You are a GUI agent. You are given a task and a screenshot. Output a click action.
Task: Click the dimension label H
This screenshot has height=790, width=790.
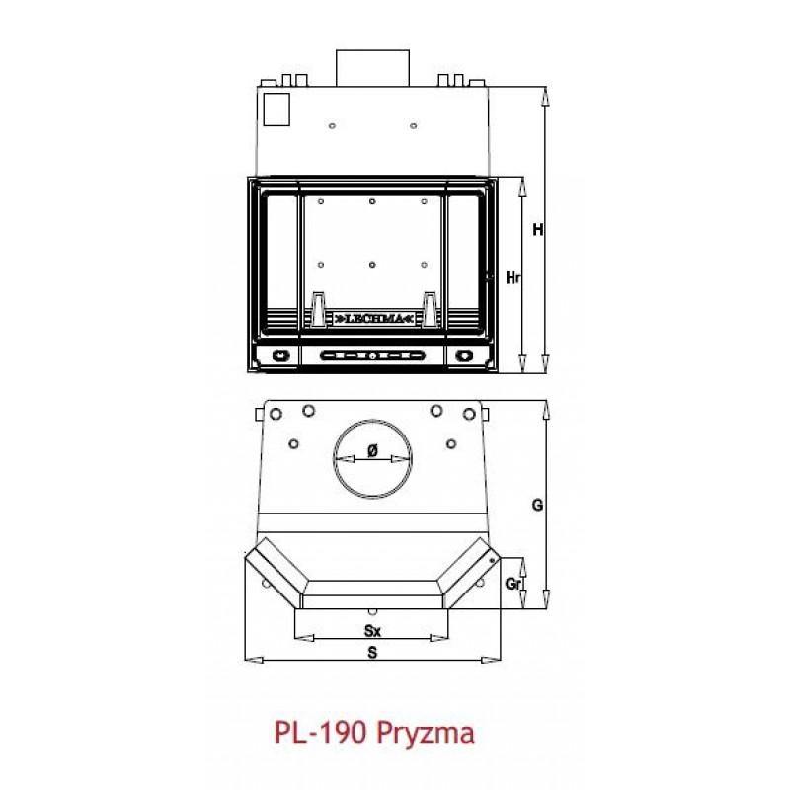pos(538,230)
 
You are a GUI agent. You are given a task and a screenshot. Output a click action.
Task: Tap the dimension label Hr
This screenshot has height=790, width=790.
pos(513,277)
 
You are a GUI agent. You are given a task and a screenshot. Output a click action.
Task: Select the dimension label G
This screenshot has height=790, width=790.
pos(537,505)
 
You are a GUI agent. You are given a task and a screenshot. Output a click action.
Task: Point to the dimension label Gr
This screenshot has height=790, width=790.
pos(512,584)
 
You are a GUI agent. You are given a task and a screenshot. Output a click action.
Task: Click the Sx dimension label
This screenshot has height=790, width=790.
pos(372,630)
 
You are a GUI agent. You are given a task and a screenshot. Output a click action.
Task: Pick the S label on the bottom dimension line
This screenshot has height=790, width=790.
pos(372,653)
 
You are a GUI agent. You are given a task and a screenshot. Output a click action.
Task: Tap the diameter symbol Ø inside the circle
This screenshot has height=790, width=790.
pos(372,451)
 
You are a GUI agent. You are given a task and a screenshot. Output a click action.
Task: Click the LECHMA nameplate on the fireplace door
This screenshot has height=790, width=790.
pos(373,319)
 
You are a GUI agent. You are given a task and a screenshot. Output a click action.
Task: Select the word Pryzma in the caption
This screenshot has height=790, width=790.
pos(426,734)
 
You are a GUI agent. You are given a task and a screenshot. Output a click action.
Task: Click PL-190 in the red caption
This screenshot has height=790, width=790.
pos(320,732)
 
